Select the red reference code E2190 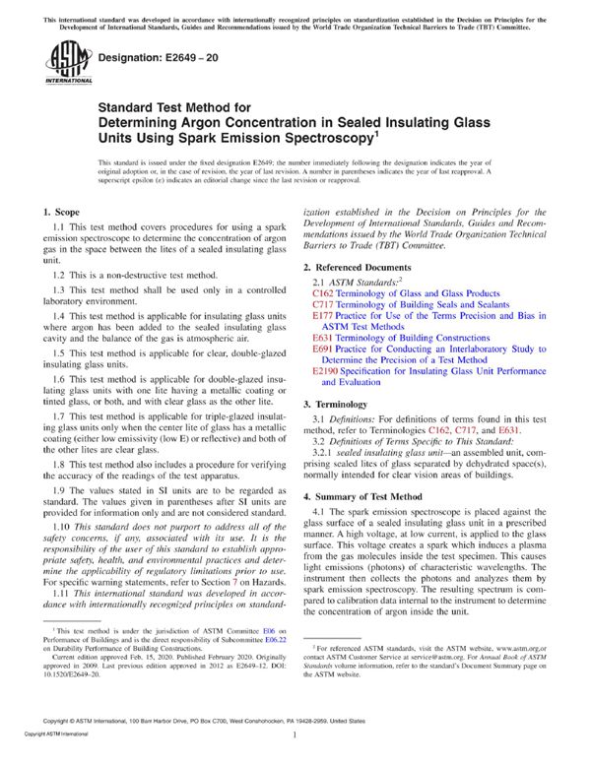(x=327, y=371)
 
